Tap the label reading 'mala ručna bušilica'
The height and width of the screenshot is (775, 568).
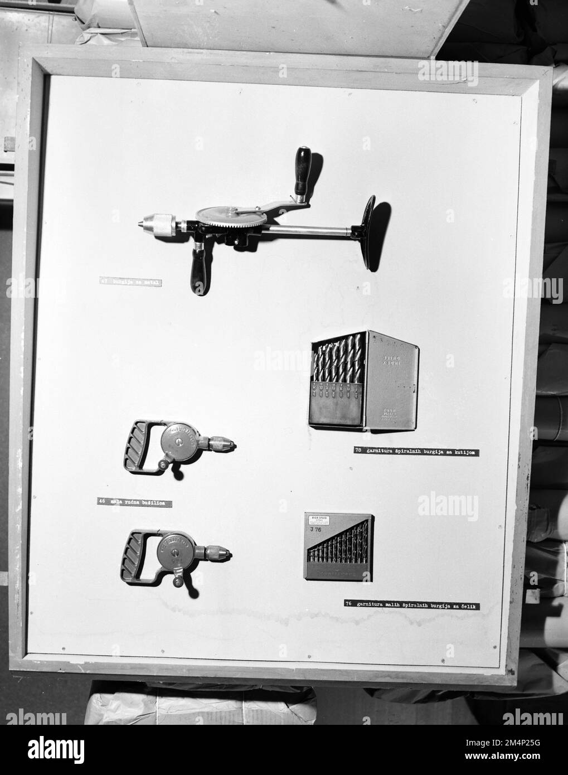click(x=134, y=503)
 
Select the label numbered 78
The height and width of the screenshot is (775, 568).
click(x=416, y=450)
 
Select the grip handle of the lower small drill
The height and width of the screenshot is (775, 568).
click(x=135, y=556)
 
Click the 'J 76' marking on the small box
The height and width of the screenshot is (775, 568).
click(x=316, y=531)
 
